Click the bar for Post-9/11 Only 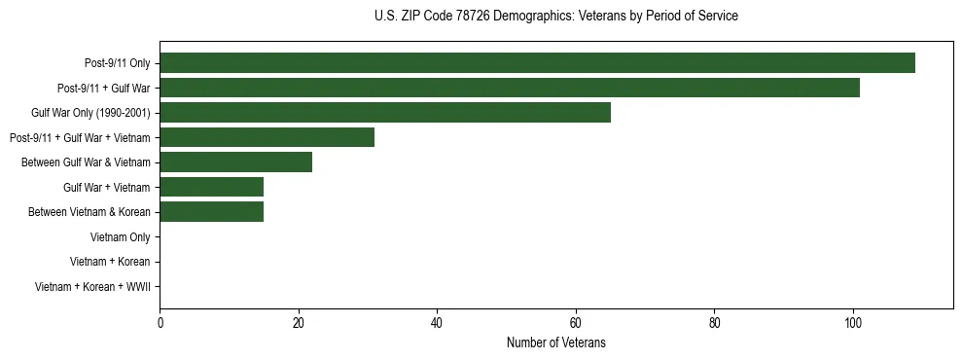(x=537, y=63)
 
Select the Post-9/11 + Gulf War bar (x=510, y=88)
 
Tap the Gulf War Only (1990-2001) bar (x=385, y=113)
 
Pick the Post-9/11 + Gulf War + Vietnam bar (x=267, y=137)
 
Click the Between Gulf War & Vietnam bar (x=235, y=162)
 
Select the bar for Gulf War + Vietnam (x=211, y=187)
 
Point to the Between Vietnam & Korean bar (x=211, y=212)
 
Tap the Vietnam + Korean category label (x=110, y=262)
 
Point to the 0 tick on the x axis (x=160, y=323)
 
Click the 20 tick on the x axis (x=299, y=323)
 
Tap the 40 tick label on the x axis (x=437, y=323)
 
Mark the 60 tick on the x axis (x=576, y=323)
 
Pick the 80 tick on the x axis (x=714, y=323)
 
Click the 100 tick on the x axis (x=853, y=323)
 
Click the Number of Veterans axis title (x=556, y=342)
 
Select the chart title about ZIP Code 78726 (x=556, y=17)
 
